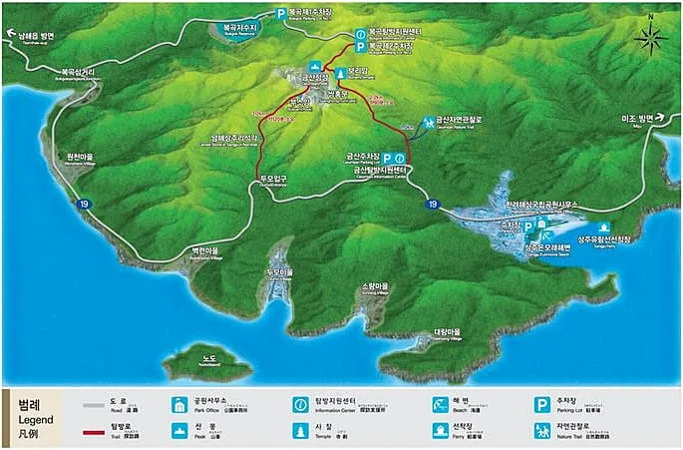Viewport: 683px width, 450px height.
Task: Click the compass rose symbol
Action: [x=650, y=40]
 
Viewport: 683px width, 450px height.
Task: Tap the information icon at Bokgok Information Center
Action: [x=360, y=32]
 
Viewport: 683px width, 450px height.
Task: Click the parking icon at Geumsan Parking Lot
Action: [x=385, y=158]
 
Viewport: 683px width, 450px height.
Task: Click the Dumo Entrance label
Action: [x=273, y=180]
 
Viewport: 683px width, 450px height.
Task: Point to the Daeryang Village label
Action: [x=447, y=333]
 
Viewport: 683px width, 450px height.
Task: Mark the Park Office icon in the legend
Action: [x=179, y=405]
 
